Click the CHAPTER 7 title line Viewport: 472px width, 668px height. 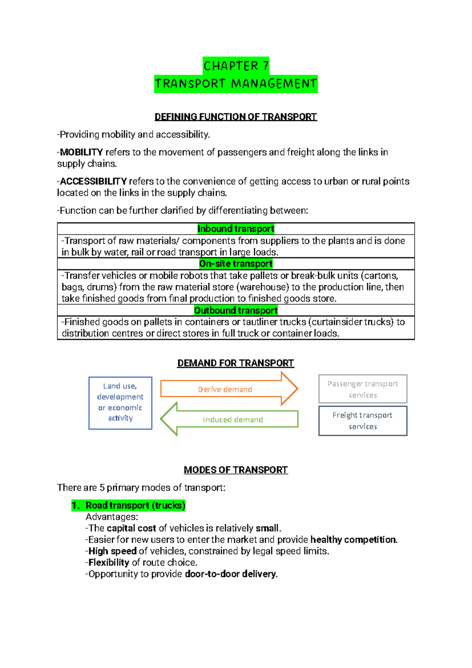[x=236, y=65]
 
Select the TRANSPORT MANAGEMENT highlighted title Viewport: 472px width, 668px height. [x=236, y=83]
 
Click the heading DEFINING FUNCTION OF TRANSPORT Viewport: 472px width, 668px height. [x=236, y=117]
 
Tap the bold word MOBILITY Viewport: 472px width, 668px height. [x=81, y=152]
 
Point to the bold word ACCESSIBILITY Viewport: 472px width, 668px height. [x=93, y=181]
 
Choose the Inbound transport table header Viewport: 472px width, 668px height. [x=236, y=229]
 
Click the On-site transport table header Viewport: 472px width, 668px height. [x=236, y=263]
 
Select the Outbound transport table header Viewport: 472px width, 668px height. [x=236, y=310]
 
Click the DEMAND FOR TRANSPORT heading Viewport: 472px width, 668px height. [x=236, y=363]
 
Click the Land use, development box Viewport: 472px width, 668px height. [x=120, y=403]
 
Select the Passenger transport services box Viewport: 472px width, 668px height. [x=363, y=389]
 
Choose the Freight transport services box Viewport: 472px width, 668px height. [x=363, y=421]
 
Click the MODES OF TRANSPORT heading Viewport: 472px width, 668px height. [x=236, y=470]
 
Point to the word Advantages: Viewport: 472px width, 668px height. [x=112, y=517]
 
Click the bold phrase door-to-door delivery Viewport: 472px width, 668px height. [x=231, y=574]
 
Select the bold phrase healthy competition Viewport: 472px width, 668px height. [x=354, y=540]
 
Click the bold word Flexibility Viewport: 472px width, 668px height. [x=109, y=562]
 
